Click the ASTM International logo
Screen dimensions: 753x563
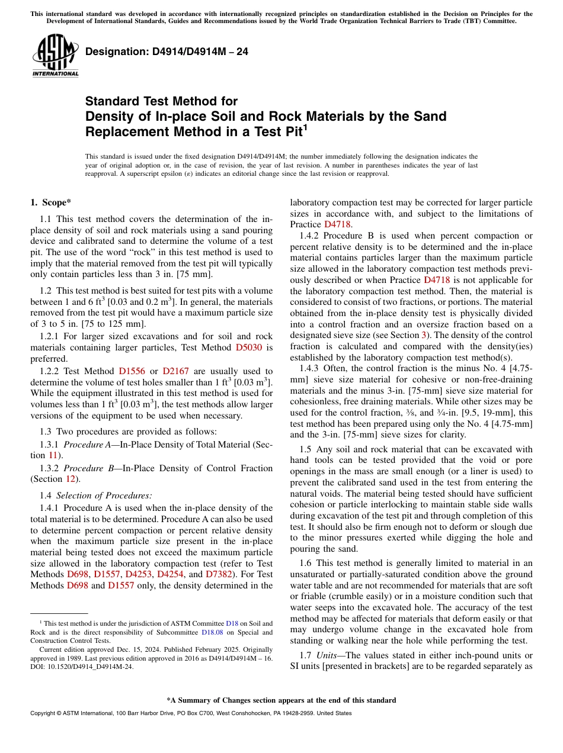click(55, 55)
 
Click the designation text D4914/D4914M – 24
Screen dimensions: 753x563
click(167, 52)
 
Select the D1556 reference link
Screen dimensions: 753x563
click(132, 371)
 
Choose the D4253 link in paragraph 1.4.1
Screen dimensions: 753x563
click(137, 574)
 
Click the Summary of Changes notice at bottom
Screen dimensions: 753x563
click(281, 700)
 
